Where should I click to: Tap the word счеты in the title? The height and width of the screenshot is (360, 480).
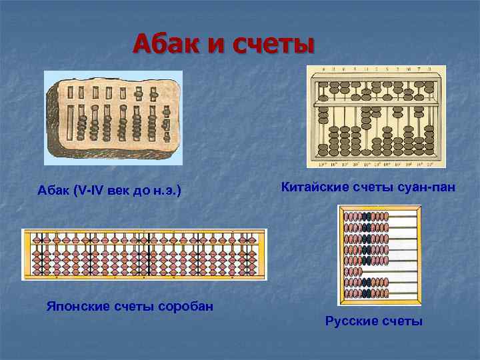pos(273,45)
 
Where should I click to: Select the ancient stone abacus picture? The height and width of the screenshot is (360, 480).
pos(113,117)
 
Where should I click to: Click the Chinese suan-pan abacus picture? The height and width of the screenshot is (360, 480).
pos(376,117)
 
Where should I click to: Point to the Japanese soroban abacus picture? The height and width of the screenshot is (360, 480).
pos(144,254)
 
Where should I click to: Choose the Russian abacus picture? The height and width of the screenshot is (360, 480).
pos(380,255)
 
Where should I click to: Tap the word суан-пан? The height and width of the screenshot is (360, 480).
pos(427,187)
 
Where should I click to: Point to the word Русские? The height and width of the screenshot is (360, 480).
pos(351,321)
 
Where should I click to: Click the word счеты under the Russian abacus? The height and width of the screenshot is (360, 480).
pos(403,321)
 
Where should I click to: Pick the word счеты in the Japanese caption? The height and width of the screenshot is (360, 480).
pos(131,307)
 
